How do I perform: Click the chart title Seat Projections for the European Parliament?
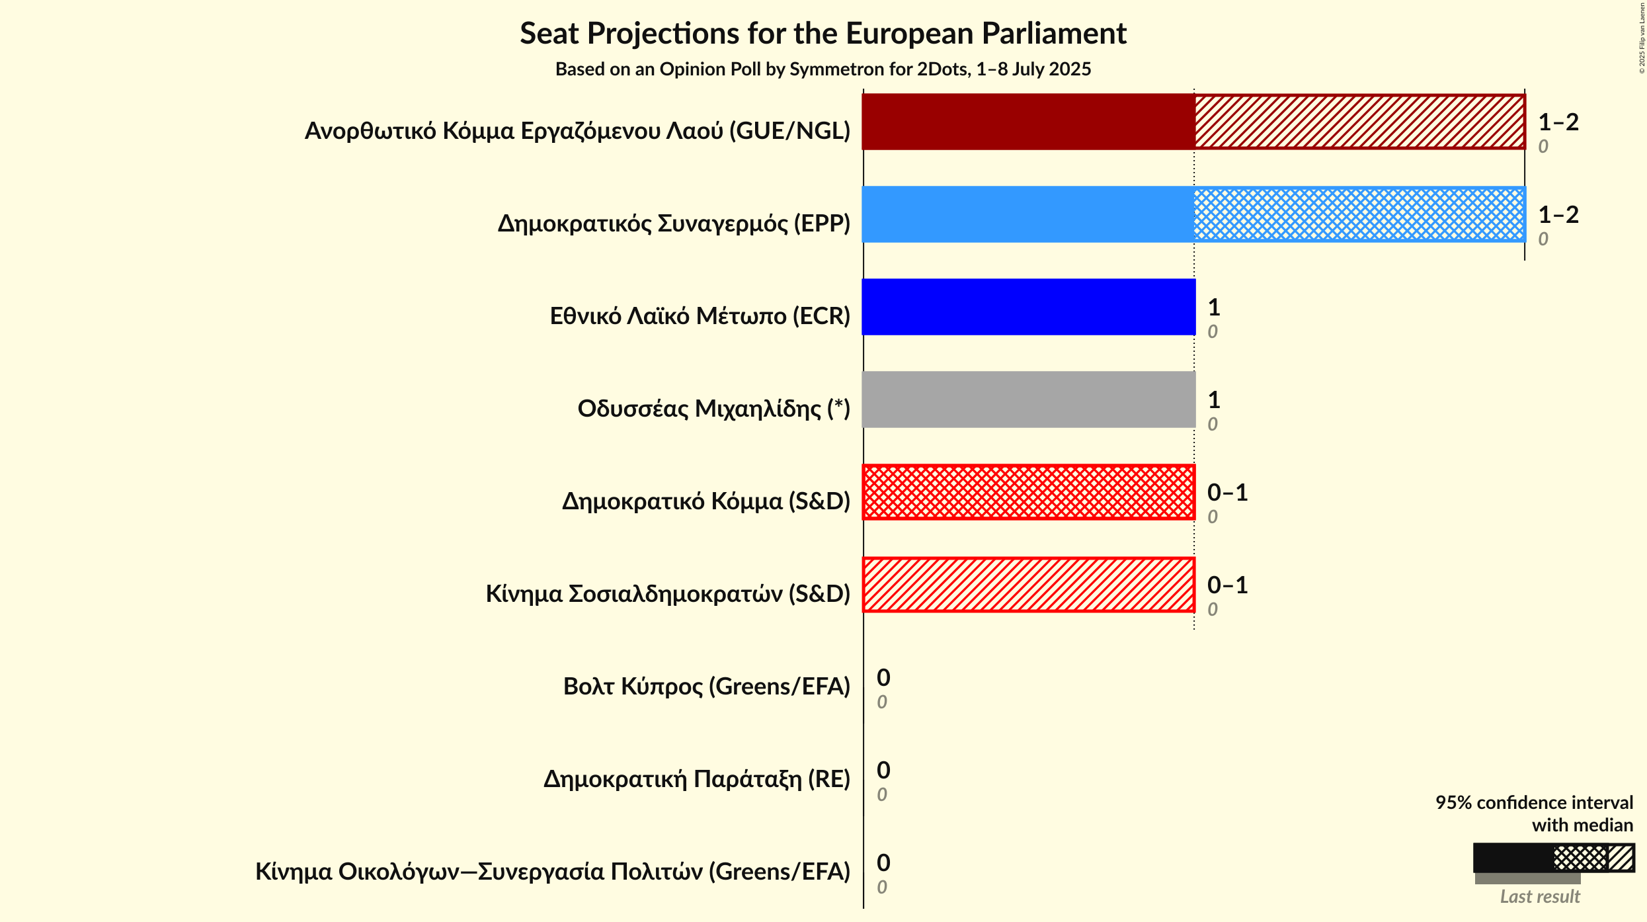click(x=823, y=33)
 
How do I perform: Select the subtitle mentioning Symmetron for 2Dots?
click(x=823, y=69)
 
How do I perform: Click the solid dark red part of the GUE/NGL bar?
click(x=1028, y=122)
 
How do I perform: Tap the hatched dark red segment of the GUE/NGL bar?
click(x=1359, y=122)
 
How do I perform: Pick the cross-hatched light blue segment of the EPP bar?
click(x=1359, y=214)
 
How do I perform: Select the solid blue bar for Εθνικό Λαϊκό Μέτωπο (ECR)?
click(x=1028, y=307)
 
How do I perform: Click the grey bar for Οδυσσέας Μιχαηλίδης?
click(x=1028, y=399)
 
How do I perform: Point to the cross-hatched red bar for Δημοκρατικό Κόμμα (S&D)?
click(x=1028, y=492)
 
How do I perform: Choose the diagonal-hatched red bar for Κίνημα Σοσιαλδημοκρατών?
click(x=1028, y=585)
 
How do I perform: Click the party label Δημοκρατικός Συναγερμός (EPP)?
click(x=674, y=224)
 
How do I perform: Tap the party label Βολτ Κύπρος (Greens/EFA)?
click(x=706, y=687)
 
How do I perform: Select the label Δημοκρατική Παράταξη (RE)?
click(x=696, y=779)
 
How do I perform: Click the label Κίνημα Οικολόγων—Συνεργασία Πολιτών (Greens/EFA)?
click(x=553, y=872)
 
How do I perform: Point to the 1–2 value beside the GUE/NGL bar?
click(x=1558, y=122)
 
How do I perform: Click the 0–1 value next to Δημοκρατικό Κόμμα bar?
click(x=1227, y=493)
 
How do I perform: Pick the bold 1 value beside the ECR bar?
click(x=1214, y=308)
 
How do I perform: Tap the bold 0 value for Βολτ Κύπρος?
click(x=883, y=678)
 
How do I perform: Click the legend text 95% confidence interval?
click(x=1534, y=803)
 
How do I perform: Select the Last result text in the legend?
click(x=1540, y=897)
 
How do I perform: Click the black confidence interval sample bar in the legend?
click(x=1513, y=859)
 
